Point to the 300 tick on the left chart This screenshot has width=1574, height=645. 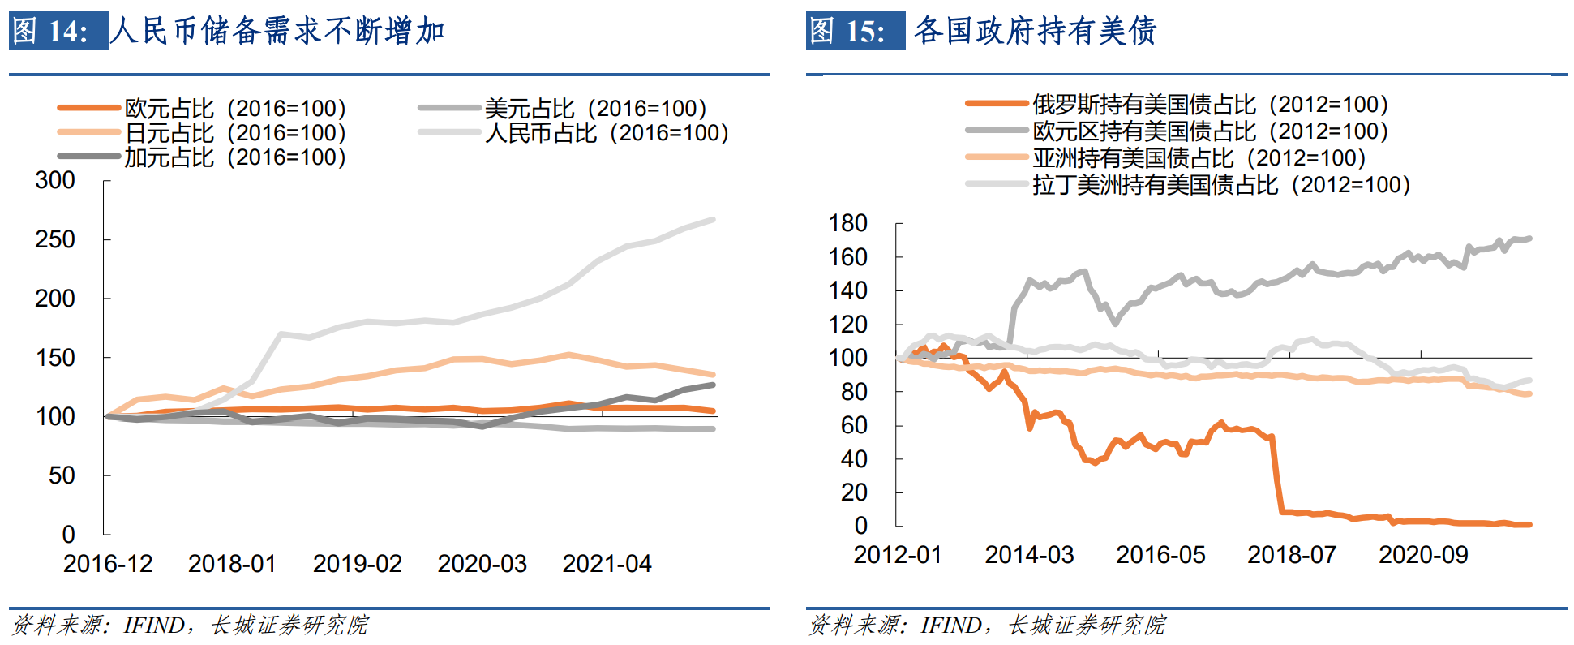pyautogui.click(x=55, y=180)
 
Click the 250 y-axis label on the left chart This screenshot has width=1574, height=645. pyautogui.click(x=55, y=239)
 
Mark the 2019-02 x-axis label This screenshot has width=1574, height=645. pyautogui.click(x=358, y=563)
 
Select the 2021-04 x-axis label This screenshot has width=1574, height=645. pyautogui.click(x=607, y=563)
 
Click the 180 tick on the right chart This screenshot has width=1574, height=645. pyautogui.click(x=848, y=223)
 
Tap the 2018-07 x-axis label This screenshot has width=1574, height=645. pyautogui.click(x=1292, y=555)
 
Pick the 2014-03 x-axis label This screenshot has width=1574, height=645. pyautogui.click(x=1029, y=555)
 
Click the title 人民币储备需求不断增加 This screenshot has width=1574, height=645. pyautogui.click(x=277, y=31)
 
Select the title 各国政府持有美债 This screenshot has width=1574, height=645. pyautogui.click(x=1035, y=31)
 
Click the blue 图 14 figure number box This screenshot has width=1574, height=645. pyautogui.click(x=58, y=31)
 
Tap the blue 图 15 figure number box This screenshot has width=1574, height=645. pyautogui.click(x=856, y=31)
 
